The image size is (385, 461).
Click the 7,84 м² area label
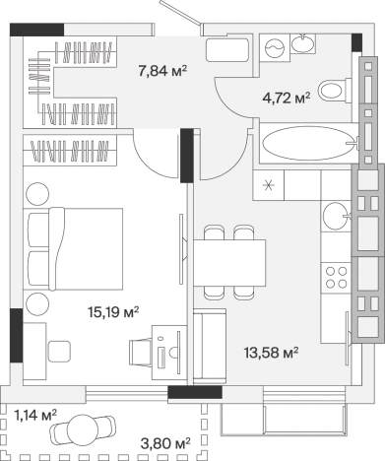pos(162,71)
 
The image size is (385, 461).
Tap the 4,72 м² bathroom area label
pos(287,98)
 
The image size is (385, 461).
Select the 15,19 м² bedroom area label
pos(113,312)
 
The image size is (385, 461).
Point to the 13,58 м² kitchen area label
pos(271,353)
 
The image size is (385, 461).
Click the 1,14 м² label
pos(35,415)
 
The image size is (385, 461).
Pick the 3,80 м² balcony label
pos(165,443)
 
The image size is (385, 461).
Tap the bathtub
pos(309,143)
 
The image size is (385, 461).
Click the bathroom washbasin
pos(302,43)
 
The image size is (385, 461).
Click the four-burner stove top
pos(337,278)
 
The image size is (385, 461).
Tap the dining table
pos(229,263)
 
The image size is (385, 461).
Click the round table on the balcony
pos(83,430)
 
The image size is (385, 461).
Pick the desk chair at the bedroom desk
pos(140,352)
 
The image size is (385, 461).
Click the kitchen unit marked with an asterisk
pos(268,185)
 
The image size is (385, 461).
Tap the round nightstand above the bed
pos(37,194)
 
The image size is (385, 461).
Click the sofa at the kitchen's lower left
pos(210,346)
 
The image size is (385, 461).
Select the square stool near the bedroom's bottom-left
pos(59,352)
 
